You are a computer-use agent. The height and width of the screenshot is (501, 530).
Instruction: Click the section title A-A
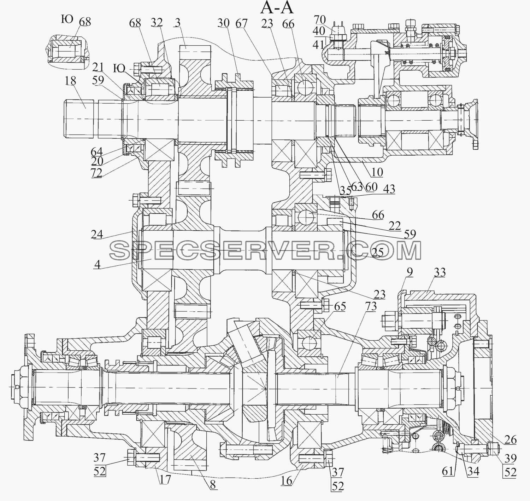pyautogui.click(x=277, y=8)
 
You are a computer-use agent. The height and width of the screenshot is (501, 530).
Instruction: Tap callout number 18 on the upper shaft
pyautogui.click(x=70, y=81)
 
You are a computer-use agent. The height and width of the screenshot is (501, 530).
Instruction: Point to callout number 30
pyautogui.click(x=223, y=23)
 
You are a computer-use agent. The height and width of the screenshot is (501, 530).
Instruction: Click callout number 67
pyautogui.click(x=242, y=23)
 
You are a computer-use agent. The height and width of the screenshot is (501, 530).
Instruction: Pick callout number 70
pyautogui.click(x=319, y=20)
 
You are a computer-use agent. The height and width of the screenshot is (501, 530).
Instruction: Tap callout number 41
pyautogui.click(x=318, y=44)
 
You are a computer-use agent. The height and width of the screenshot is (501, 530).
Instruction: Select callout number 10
pyautogui.click(x=377, y=172)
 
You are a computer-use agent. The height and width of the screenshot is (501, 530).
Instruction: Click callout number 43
pyautogui.click(x=389, y=189)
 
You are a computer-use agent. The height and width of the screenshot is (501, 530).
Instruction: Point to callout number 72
pyautogui.click(x=96, y=173)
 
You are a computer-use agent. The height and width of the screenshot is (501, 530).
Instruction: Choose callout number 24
pyautogui.click(x=96, y=235)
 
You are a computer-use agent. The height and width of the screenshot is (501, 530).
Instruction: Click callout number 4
pyautogui.click(x=97, y=265)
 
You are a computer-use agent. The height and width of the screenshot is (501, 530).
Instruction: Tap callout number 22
pyautogui.click(x=395, y=226)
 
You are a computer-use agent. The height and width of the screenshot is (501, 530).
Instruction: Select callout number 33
pyautogui.click(x=440, y=272)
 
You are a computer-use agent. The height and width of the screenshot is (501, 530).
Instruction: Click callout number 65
pyautogui.click(x=340, y=306)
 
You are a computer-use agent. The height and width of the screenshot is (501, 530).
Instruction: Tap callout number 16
pyautogui.click(x=286, y=481)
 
